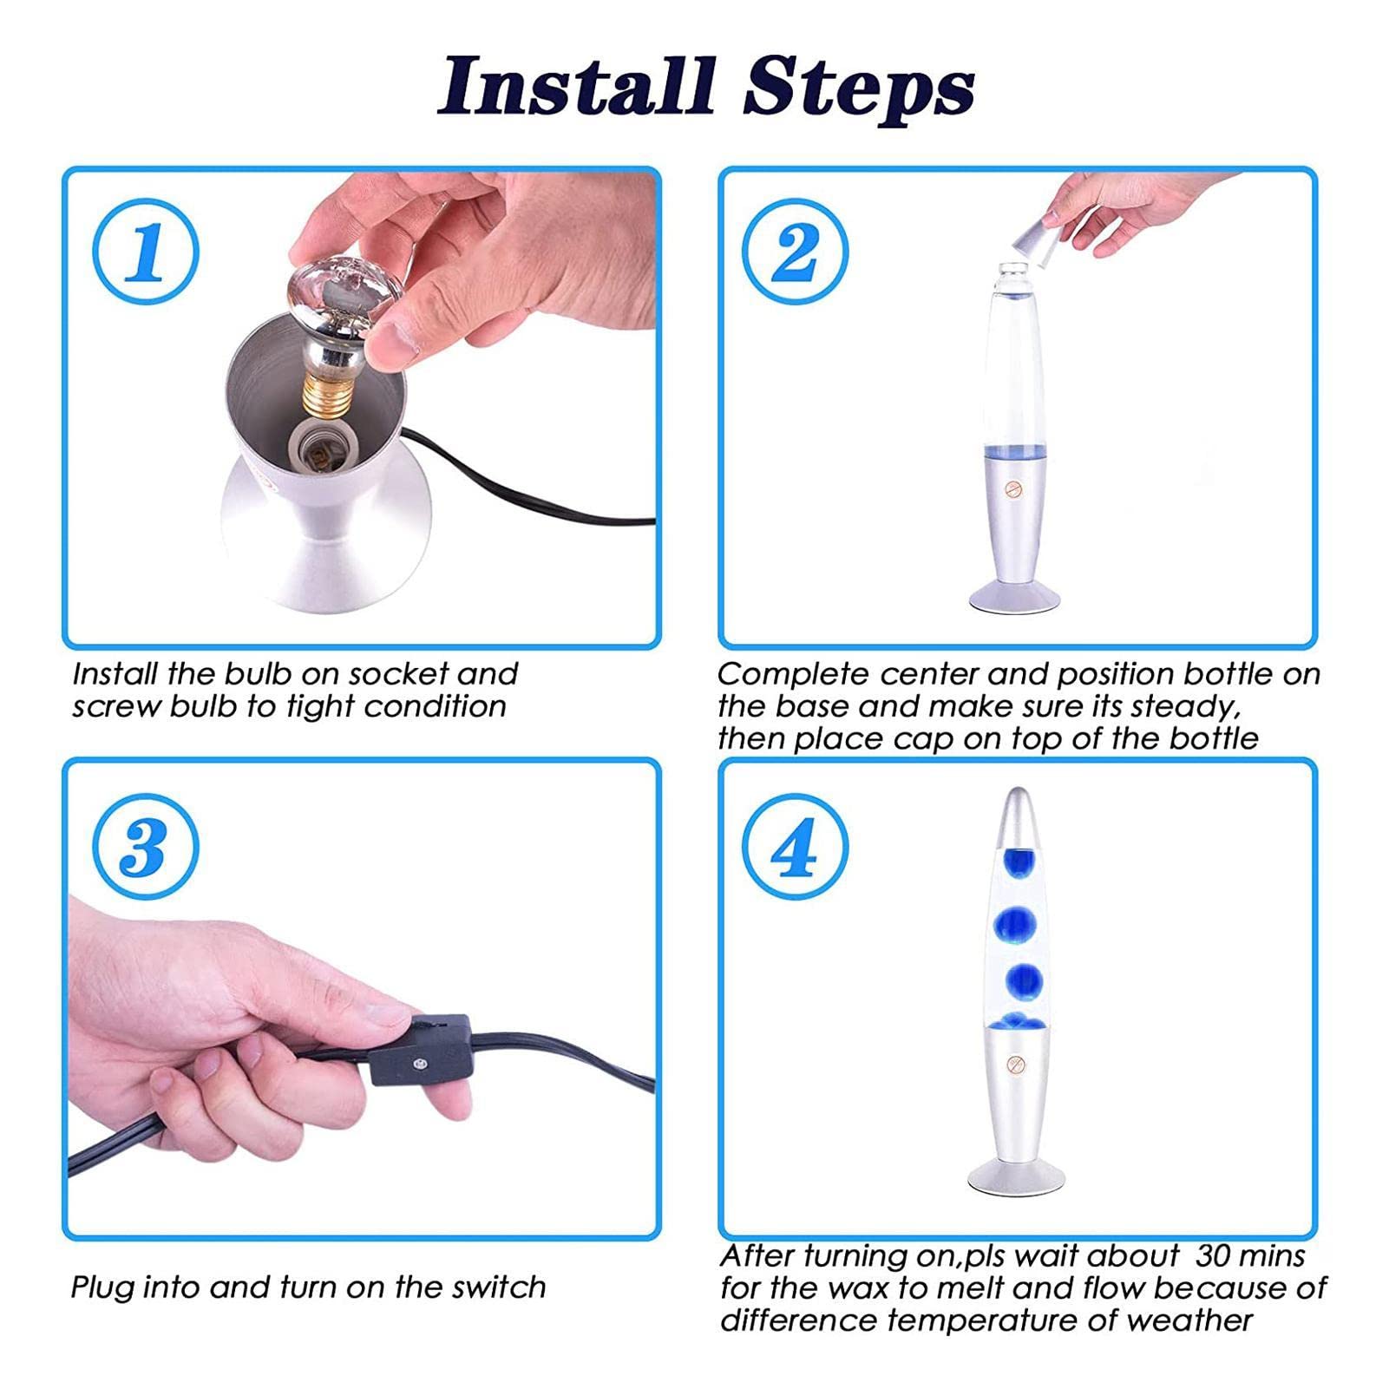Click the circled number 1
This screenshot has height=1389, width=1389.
146,252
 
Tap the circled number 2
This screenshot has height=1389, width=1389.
795,252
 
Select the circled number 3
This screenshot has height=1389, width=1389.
146,846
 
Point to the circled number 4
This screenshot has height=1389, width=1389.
795,846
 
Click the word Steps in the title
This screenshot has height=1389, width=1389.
859,89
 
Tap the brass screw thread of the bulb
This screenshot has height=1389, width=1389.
325,394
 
